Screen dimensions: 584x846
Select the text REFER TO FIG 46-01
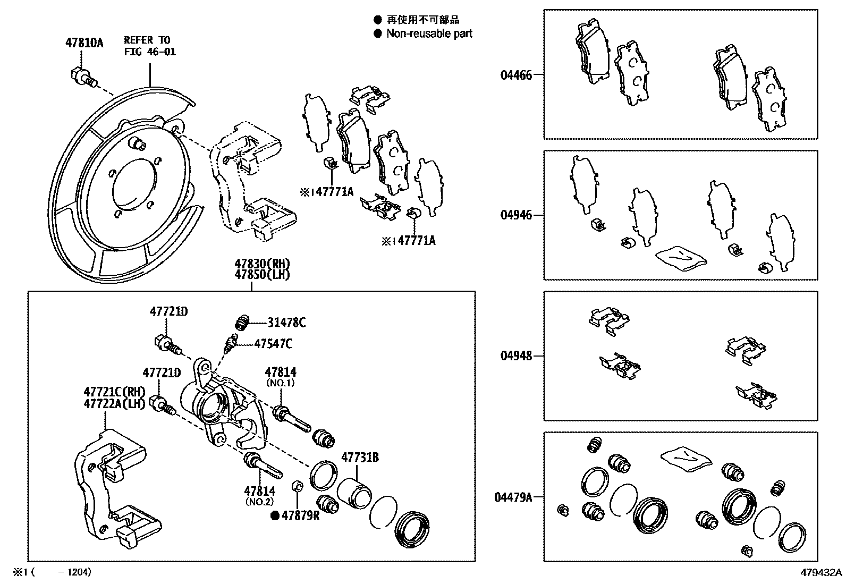(149, 46)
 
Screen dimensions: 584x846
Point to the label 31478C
(286, 323)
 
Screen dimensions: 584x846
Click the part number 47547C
(273, 344)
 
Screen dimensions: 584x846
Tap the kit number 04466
(515, 75)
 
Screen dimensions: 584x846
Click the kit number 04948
(515, 356)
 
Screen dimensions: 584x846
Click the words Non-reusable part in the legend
(429, 33)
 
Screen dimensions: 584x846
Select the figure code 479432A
(822, 572)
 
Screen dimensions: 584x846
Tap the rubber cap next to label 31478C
(243, 323)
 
